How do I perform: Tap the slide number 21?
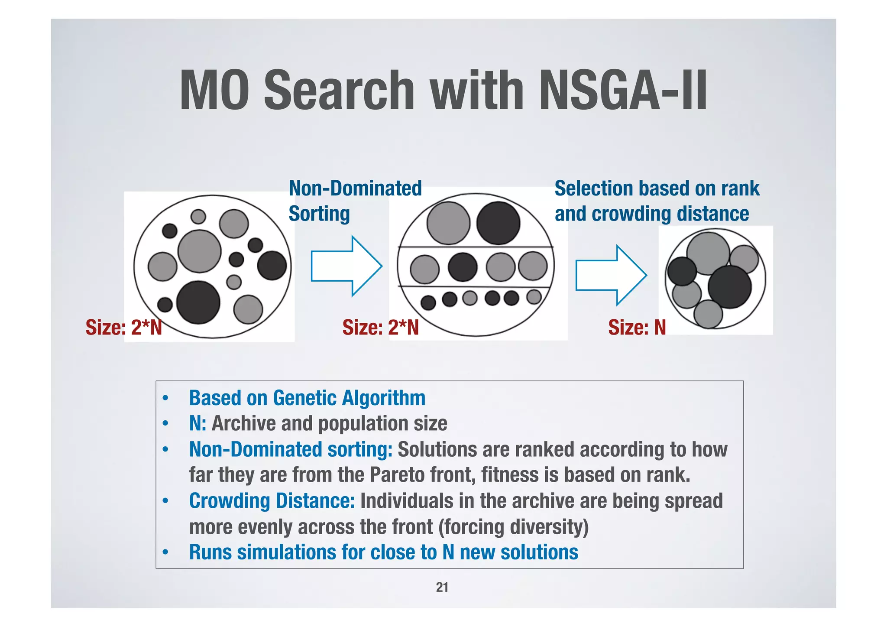pos(442,587)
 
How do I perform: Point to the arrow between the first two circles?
pos(346,266)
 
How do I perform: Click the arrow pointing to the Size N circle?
pos(611,275)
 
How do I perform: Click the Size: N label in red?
pos(637,327)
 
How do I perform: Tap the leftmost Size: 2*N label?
pos(123,327)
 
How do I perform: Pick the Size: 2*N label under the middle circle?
pos(380,327)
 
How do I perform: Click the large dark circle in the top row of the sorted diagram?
pos(498,223)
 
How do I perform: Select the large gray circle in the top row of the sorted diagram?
pos(448,223)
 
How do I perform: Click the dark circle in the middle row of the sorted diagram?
pos(463,267)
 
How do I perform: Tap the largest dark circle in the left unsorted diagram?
pos(198,302)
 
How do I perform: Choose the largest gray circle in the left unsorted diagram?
pos(200,251)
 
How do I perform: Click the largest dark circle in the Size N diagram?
pos(730,287)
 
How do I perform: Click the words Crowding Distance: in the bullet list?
pos(272,501)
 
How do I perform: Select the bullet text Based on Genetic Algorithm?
pos(307,398)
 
